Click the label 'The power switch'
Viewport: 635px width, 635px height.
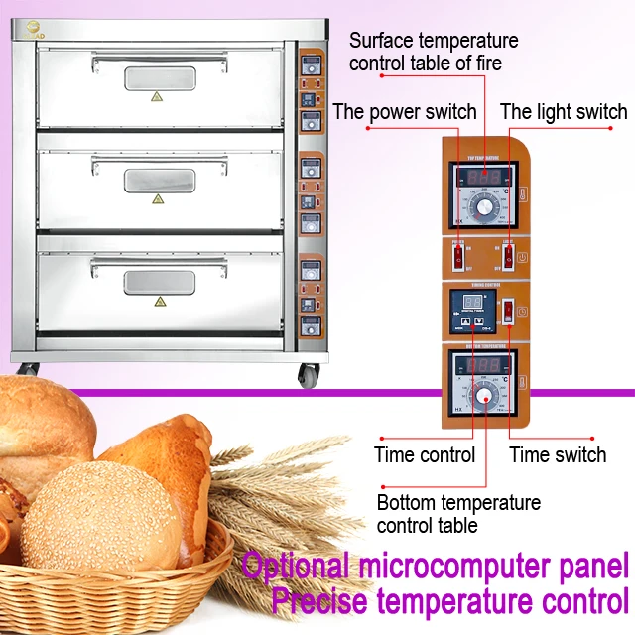tap(405, 111)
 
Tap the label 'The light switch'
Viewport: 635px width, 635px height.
tap(563, 111)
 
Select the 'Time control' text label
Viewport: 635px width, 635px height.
tap(424, 455)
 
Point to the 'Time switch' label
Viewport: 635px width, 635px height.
tap(558, 455)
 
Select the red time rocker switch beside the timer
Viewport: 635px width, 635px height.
tap(508, 311)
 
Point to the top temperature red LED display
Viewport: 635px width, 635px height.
tap(482, 177)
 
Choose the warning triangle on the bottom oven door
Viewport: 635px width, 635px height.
tap(158, 301)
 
